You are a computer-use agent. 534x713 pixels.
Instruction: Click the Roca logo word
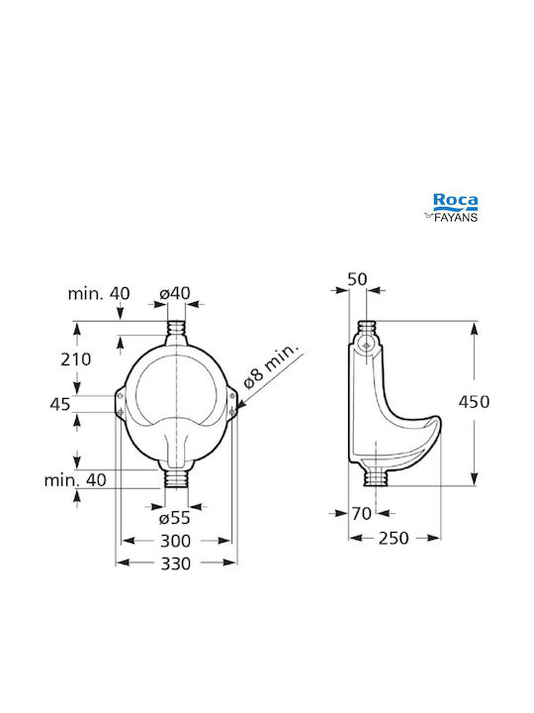455,200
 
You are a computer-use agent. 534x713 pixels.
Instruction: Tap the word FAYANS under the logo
456,217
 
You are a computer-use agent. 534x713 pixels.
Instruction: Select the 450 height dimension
474,402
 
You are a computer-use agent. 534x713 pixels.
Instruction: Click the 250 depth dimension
394,538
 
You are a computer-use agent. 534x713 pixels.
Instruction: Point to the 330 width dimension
176,563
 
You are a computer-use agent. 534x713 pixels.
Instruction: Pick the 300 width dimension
176,541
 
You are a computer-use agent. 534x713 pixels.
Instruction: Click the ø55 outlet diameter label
175,518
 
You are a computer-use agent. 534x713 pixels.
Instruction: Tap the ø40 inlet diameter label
175,293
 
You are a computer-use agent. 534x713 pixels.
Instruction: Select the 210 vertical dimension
76,359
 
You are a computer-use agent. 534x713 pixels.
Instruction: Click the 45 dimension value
60,404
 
